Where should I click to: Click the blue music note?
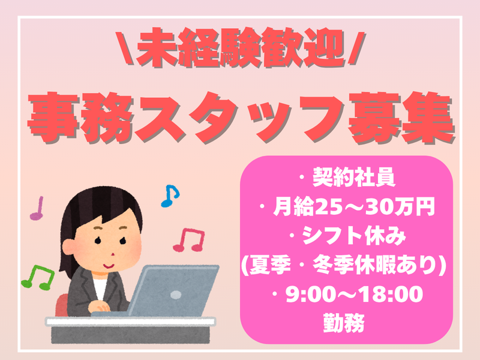coord(170,196)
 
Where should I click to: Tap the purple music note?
coord(37,208)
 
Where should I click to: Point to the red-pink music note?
coord(189,240)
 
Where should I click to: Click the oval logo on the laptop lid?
coord(176,295)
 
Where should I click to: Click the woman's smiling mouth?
coord(109,266)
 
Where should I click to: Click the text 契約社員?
coord(353,178)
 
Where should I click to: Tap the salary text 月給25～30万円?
coord(353,206)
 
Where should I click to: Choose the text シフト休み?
coord(353,236)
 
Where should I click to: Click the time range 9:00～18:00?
coord(354,294)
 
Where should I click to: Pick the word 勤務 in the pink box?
coord(344,323)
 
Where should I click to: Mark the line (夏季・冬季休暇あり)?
coord(343,265)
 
